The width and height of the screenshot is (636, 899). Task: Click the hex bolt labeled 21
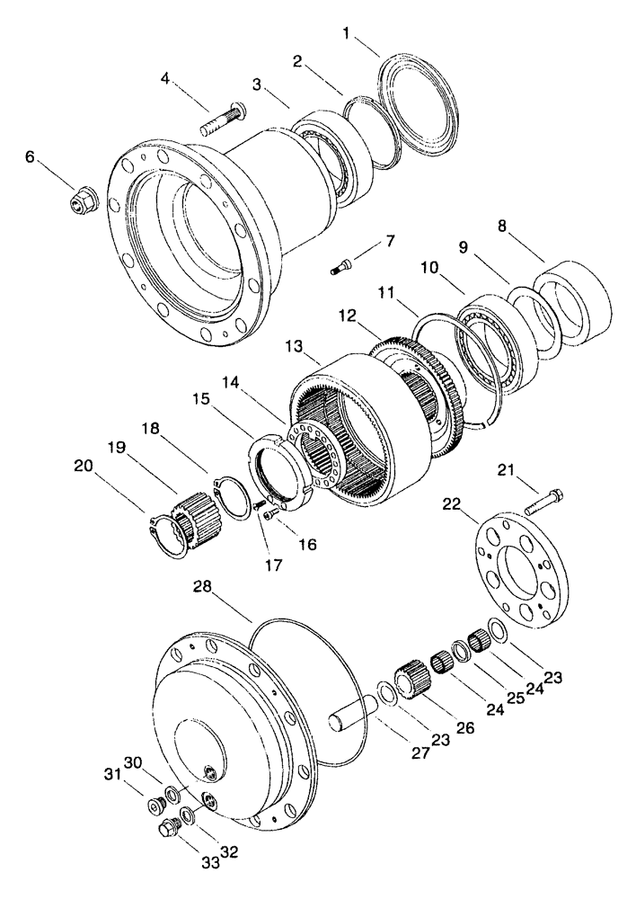click(x=543, y=498)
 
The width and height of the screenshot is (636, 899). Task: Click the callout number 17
click(x=273, y=565)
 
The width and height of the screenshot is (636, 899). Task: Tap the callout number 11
click(x=387, y=293)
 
